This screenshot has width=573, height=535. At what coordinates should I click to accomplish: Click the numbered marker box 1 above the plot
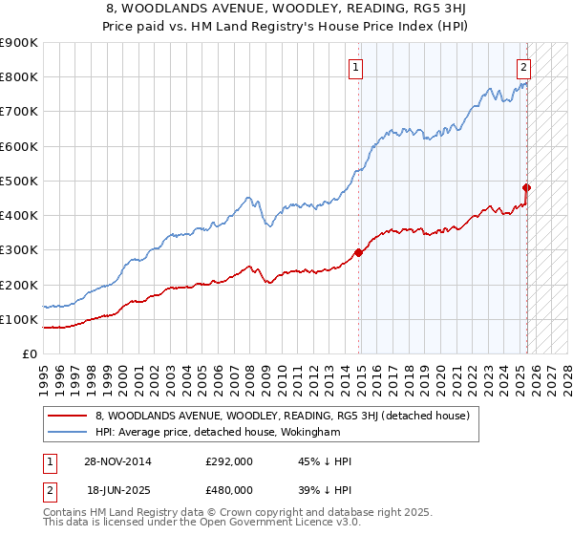(x=355, y=67)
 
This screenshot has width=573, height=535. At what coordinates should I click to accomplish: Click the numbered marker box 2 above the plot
(x=524, y=67)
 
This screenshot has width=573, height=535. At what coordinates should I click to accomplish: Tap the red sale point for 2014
(x=359, y=253)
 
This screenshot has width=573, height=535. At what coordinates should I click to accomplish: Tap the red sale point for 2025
(x=527, y=187)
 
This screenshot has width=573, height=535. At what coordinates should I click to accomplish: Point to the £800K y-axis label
(x=19, y=77)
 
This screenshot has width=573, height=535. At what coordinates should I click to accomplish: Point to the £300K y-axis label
(x=19, y=250)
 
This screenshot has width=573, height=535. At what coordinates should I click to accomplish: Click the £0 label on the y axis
(x=30, y=354)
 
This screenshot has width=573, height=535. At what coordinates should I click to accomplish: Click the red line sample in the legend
(x=68, y=416)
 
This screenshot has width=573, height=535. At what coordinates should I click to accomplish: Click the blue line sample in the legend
(x=68, y=433)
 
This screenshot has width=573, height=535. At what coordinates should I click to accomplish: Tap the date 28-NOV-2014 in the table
(x=113, y=460)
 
